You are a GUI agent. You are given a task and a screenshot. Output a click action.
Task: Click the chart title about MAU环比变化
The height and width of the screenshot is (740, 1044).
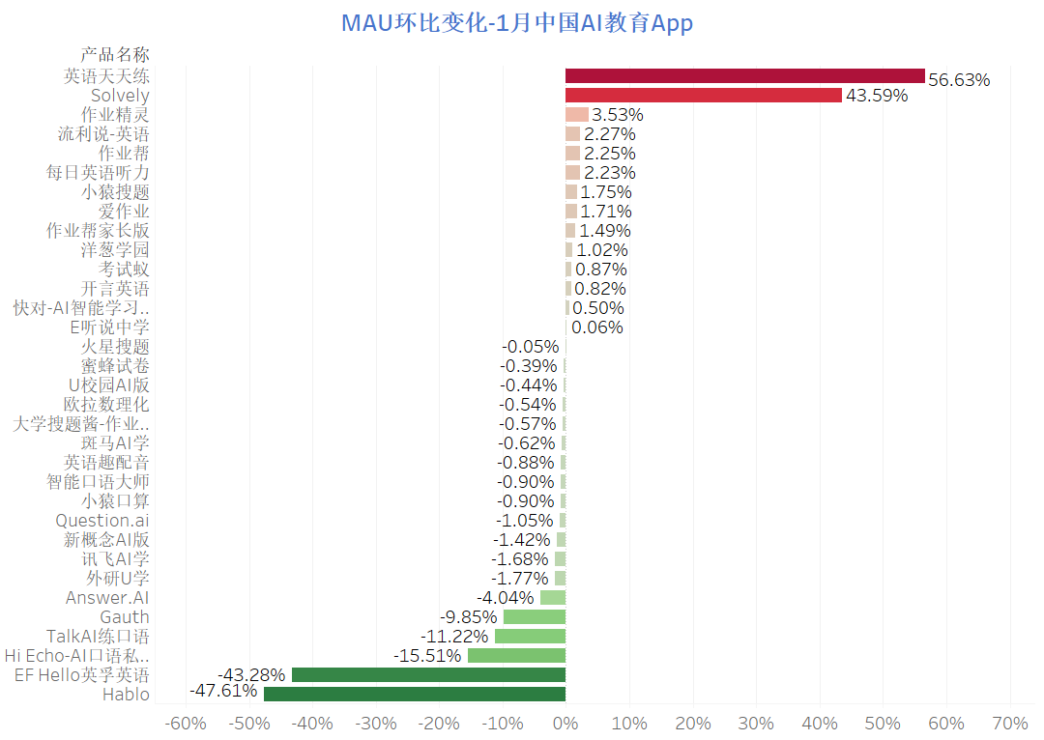point(517,23)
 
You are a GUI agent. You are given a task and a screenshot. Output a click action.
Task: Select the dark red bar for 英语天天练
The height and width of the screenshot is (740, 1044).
point(744,75)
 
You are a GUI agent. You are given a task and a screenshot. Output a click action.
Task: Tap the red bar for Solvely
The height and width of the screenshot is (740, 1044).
point(703,95)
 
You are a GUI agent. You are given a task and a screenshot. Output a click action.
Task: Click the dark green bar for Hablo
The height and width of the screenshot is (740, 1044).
point(414,694)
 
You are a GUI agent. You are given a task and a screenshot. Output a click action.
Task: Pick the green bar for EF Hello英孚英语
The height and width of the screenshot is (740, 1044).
point(428,674)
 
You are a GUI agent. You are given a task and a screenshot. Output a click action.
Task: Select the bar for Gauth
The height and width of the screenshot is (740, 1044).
point(534,616)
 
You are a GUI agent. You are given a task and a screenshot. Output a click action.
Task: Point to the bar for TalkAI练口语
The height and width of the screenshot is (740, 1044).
point(530,636)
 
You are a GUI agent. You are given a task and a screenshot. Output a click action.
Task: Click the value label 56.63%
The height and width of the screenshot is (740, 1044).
point(959,80)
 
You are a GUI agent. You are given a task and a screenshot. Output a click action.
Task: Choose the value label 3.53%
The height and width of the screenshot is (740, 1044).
point(618,115)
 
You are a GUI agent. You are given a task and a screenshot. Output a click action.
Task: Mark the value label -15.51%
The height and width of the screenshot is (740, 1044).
point(427,656)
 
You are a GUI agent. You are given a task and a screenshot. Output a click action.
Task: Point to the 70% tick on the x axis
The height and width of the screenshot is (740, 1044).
point(1009,724)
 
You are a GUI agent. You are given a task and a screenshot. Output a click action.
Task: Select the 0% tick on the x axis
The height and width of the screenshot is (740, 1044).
point(565,724)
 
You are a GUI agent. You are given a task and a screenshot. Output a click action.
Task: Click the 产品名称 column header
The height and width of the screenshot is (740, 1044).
point(115,54)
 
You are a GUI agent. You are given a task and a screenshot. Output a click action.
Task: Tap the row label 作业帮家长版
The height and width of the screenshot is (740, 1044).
point(98,230)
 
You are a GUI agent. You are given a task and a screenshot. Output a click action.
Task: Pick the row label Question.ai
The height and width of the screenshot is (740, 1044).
point(102,520)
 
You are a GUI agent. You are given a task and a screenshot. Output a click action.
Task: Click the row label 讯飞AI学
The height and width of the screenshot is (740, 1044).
point(115,558)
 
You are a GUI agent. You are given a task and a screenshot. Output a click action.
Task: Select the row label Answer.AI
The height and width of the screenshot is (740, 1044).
point(107,597)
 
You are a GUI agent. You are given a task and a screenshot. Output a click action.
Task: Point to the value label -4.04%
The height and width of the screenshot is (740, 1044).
point(505,598)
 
